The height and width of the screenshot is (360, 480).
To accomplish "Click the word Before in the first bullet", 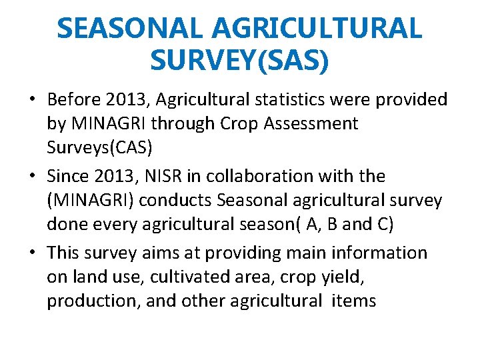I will pyautogui.click(x=76, y=100).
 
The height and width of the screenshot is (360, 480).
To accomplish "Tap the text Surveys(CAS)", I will pyautogui.click(x=100, y=148).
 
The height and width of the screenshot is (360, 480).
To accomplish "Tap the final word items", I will pyautogui.click(x=351, y=301).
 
